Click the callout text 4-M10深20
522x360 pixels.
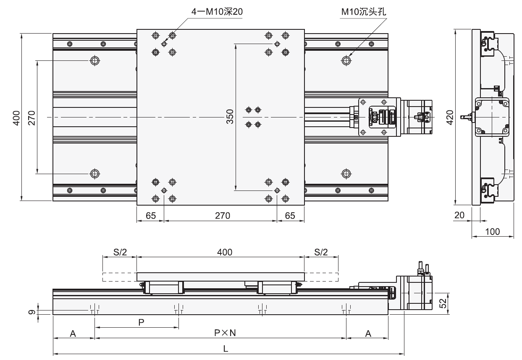pos(217,12)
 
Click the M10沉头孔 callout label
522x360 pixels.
pos(363,12)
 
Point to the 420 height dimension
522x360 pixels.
pos(449,117)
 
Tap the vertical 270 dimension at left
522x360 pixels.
pos(32,117)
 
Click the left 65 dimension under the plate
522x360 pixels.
pos(150,216)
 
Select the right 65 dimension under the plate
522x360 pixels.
pos(290,216)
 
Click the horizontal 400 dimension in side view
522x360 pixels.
pos(220,252)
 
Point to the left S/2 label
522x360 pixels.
pos(119,252)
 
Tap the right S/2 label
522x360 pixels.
pos(321,252)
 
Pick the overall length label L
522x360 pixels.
pos(226,349)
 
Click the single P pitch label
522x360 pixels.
pos(141,322)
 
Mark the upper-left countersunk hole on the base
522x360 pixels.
pos(95,61)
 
